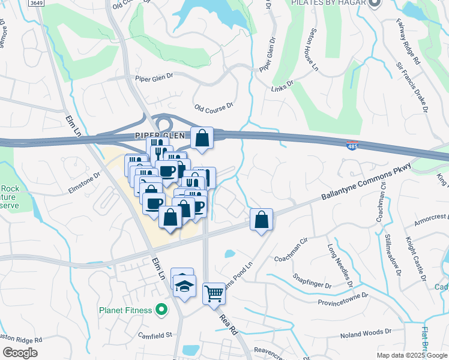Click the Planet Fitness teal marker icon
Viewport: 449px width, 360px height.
pyautogui.click(x=161, y=310)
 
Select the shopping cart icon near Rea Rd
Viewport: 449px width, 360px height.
pyautogui.click(x=214, y=293)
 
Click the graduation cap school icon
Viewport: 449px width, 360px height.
pyautogui.click(x=185, y=285)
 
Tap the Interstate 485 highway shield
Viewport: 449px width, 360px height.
pyautogui.click(x=352, y=145)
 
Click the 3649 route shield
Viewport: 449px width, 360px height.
pyautogui.click(x=37, y=3)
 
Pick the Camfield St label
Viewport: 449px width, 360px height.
pyautogui.click(x=155, y=334)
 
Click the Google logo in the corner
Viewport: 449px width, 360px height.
pyautogui.click(x=20, y=353)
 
